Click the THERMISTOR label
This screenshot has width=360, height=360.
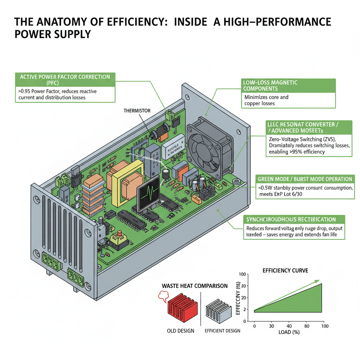(x=137, y=111)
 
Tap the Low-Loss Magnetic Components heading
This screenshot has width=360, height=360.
(x=270, y=85)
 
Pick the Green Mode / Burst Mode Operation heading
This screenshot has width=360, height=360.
(x=305, y=179)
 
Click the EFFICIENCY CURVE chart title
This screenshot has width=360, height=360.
(x=285, y=271)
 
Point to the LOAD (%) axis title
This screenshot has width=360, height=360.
(x=289, y=332)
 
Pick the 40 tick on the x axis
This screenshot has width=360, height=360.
(x=289, y=326)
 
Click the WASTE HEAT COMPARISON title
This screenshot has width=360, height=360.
(x=194, y=286)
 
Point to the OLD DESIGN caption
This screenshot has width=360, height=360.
(x=180, y=331)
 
